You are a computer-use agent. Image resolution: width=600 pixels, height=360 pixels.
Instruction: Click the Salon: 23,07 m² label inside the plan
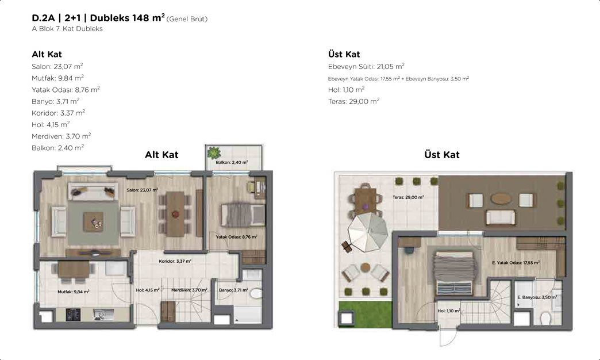click(x=143, y=190)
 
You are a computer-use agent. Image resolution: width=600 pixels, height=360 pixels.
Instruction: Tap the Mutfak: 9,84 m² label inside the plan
click(x=74, y=292)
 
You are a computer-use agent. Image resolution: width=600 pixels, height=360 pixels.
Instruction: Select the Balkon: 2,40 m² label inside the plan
click(x=232, y=162)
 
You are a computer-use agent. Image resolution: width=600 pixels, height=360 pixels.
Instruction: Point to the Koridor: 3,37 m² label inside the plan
click(x=175, y=261)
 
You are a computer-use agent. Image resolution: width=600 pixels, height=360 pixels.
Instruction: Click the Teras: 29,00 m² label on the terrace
click(x=408, y=197)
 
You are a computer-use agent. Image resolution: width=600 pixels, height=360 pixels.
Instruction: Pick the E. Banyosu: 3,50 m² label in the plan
click(x=537, y=297)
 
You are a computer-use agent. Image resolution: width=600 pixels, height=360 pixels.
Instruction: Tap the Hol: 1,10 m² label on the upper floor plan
click(x=449, y=311)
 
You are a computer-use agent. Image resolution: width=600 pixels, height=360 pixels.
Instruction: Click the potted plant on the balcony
click(x=214, y=153)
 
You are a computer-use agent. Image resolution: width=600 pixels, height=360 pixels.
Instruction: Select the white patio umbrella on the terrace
click(x=367, y=231)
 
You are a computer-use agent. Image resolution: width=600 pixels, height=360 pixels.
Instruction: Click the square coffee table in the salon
click(x=93, y=222)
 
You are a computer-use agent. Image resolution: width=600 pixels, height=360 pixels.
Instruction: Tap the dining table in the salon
click(x=175, y=214)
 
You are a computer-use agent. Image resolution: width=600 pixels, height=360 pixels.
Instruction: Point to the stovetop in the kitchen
click(x=73, y=315)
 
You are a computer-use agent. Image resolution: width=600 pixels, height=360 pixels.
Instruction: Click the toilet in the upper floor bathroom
click(x=545, y=317)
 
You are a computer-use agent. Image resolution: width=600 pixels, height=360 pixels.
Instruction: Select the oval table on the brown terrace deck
click(x=501, y=199)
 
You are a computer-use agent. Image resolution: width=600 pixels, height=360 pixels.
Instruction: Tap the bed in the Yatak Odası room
click(x=243, y=215)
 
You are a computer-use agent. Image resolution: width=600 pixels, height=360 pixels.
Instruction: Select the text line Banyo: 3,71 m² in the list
click(x=56, y=101)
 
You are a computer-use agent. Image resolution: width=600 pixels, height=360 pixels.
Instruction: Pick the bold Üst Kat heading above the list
click(x=344, y=55)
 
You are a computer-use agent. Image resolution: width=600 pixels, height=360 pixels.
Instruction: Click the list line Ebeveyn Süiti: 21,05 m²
click(x=366, y=66)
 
